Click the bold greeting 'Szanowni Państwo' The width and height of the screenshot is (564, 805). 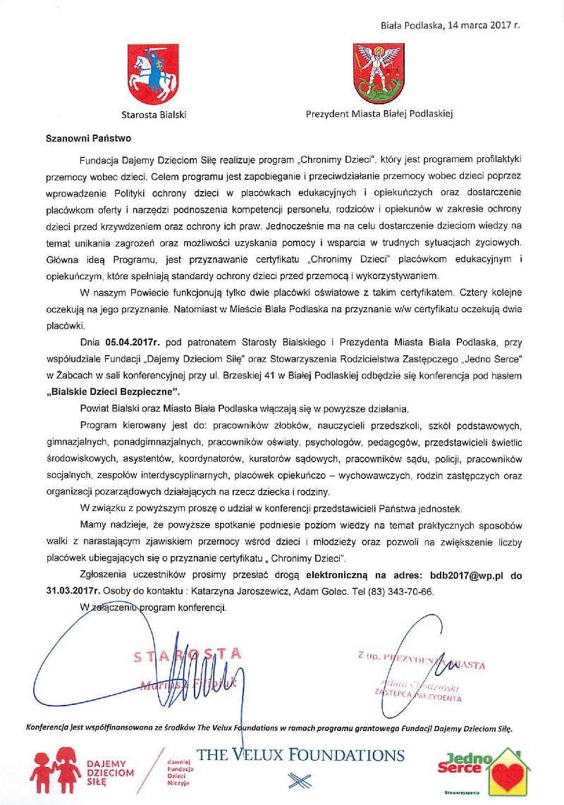79,138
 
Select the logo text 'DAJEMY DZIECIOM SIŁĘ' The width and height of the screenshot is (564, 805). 110,772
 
